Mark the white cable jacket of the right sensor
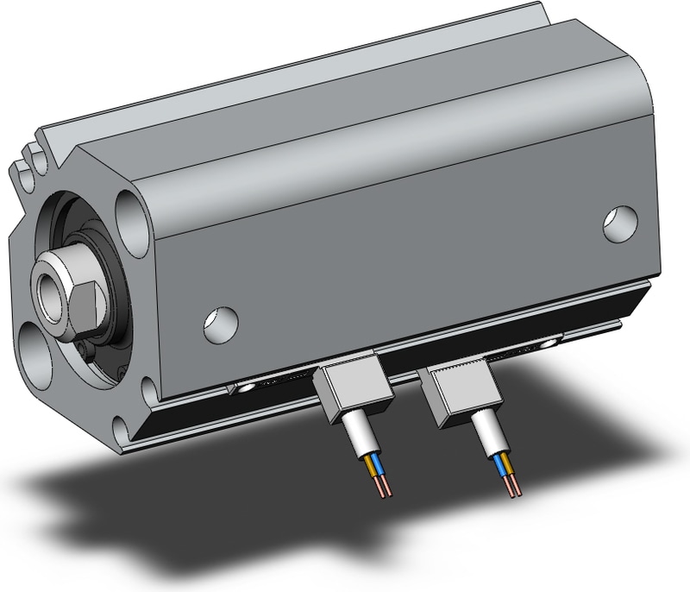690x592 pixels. point(486,438)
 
